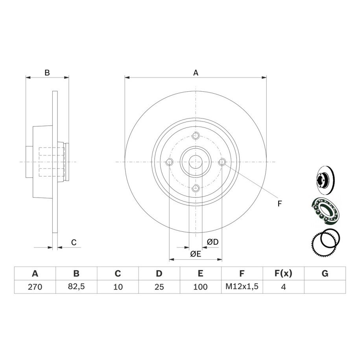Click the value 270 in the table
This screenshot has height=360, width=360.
coord(35,287)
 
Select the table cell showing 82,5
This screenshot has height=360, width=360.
coord(76,286)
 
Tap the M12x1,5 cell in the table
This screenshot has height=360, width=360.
coord(242,286)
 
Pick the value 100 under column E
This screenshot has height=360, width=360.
coord(200,287)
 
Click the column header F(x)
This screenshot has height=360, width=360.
coord(283,273)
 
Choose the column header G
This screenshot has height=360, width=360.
coord(325,273)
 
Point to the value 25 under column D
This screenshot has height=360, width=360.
coord(159,287)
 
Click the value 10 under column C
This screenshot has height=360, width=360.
coord(118,287)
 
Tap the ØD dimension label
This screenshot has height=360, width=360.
coord(212,242)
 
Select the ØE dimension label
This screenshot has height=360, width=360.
coord(196,254)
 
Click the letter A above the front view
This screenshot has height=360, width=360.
coord(196,73)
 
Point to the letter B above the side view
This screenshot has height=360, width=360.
coord(47,73)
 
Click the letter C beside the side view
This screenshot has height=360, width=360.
coord(74,242)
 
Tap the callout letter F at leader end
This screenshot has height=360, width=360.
coord(279,204)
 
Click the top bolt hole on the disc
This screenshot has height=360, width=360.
coord(196,136)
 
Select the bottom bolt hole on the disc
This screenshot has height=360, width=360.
coord(196,189)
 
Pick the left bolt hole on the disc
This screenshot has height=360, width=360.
coord(169,162)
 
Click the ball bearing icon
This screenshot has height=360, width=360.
coord(325,210)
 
